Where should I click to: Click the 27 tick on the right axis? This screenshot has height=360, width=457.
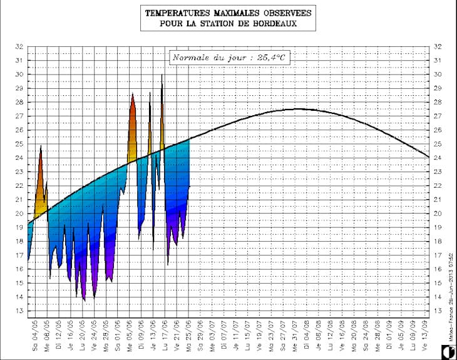click(x=438, y=116)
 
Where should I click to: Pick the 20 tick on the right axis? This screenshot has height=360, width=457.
click(x=438, y=213)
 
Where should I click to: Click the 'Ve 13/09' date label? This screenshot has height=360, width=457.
click(x=425, y=335)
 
